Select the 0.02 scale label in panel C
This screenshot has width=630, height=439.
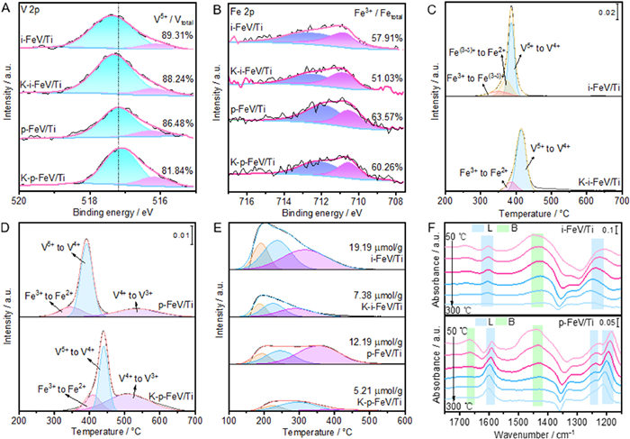pyautogui.click(x=603, y=14)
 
